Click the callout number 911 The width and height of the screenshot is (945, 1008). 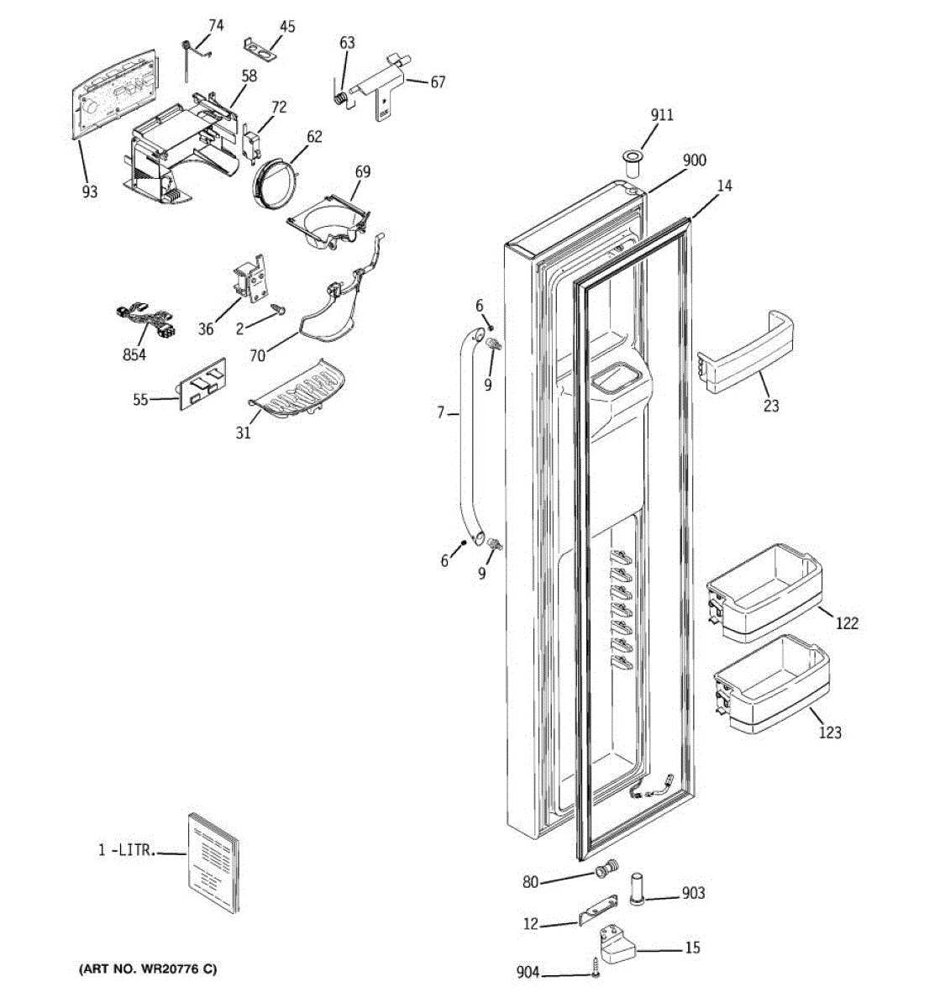pyautogui.click(x=662, y=115)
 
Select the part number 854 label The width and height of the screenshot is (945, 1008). pyautogui.click(x=134, y=354)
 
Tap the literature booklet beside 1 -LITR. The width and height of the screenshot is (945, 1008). pyautogui.click(x=213, y=860)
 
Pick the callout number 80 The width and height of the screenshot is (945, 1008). pyautogui.click(x=530, y=881)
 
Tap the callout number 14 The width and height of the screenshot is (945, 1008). pyautogui.click(x=724, y=186)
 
